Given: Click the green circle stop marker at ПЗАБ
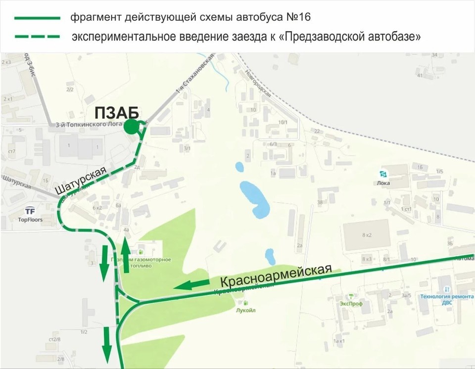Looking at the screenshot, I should coord(131,127).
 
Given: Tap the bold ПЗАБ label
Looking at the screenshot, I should coord(116,112).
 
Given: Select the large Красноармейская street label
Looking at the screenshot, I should coord(275,277).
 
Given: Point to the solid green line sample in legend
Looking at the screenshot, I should coord(37,18).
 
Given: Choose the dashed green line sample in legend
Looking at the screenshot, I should coord(37,37).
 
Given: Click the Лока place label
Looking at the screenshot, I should coord(383,183).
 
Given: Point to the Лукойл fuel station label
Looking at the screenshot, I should coord(246,310).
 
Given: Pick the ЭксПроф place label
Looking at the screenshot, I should coord(351,304).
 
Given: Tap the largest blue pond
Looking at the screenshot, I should coord(254,199).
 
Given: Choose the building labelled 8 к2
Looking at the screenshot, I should coord(366,235).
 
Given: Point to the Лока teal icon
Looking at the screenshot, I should coord(382,174).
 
